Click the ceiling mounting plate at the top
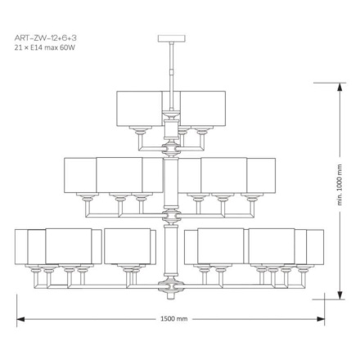click(170, 35)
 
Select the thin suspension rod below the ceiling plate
click(170, 61)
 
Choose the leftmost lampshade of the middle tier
click(80, 174)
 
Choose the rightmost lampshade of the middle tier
click(261, 174)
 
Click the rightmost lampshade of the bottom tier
click(315, 246)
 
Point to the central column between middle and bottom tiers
click(170, 245)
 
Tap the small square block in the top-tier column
click(170, 129)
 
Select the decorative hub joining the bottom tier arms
click(170, 282)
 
